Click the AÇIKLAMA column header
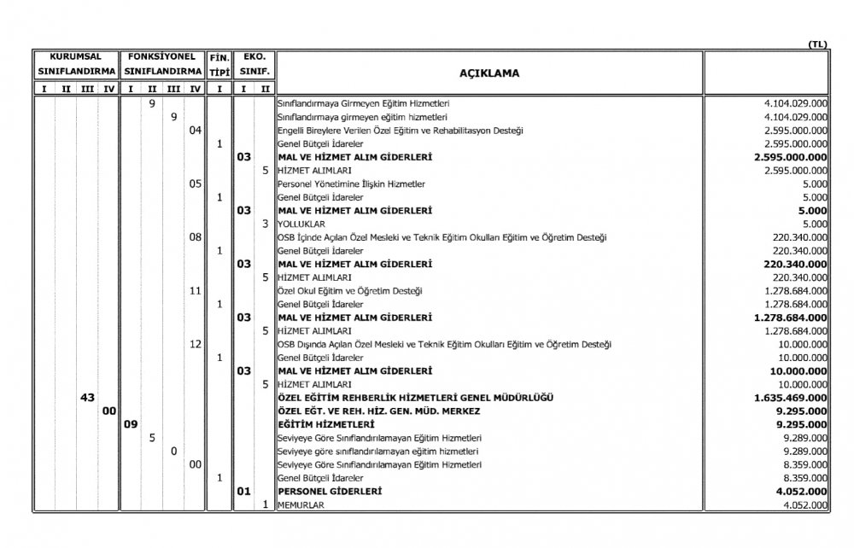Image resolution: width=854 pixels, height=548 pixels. (x=489, y=73)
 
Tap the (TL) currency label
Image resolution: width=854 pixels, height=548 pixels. (x=816, y=44)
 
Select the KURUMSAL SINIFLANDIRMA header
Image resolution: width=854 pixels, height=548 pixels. (x=75, y=62)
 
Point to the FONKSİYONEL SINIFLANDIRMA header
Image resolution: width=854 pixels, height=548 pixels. (x=162, y=62)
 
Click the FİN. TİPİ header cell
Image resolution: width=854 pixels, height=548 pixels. (x=219, y=62)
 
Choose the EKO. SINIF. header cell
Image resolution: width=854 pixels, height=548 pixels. (x=254, y=62)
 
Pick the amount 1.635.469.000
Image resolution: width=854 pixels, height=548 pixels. (x=791, y=398)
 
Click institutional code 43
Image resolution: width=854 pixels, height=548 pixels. (x=86, y=398)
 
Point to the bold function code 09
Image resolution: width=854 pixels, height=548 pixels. (x=131, y=424)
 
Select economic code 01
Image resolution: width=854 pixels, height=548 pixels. (x=243, y=492)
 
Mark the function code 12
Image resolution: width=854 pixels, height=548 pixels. (x=195, y=344)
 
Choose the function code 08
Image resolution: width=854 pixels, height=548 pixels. (x=195, y=236)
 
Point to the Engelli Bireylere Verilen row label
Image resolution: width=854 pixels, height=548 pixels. (x=401, y=130)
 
